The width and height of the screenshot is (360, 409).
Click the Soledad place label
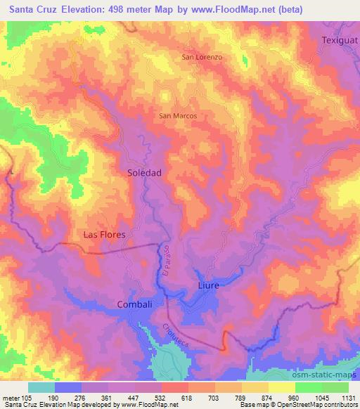point(145,171)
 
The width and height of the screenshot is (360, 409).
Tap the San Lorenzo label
point(202,56)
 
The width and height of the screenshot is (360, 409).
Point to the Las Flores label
point(104,235)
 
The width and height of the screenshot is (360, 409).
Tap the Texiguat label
point(340,41)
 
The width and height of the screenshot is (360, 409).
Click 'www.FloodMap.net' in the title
point(270,11)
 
